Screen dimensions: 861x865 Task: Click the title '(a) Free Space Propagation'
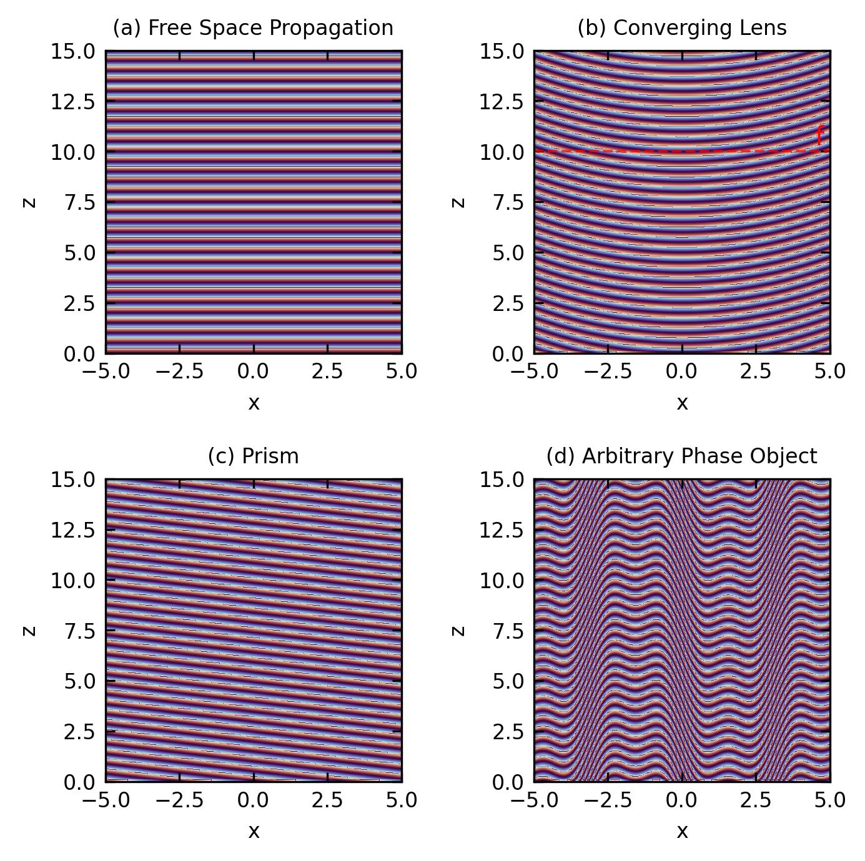click(x=253, y=28)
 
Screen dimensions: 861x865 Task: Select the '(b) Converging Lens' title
click(x=682, y=28)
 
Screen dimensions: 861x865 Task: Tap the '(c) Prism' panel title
click(x=253, y=456)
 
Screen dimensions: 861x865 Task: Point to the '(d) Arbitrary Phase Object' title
click(x=682, y=456)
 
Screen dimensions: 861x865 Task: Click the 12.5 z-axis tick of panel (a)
click(x=73, y=101)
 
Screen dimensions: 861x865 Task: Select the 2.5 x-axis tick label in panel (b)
click(x=756, y=371)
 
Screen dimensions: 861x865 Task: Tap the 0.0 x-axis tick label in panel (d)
click(x=682, y=800)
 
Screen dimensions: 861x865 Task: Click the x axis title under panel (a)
click(x=254, y=403)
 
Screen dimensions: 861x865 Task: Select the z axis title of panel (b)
click(x=459, y=202)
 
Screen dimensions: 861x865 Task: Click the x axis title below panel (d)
click(x=682, y=832)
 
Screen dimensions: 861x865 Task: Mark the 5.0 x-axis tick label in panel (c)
click(x=402, y=800)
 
